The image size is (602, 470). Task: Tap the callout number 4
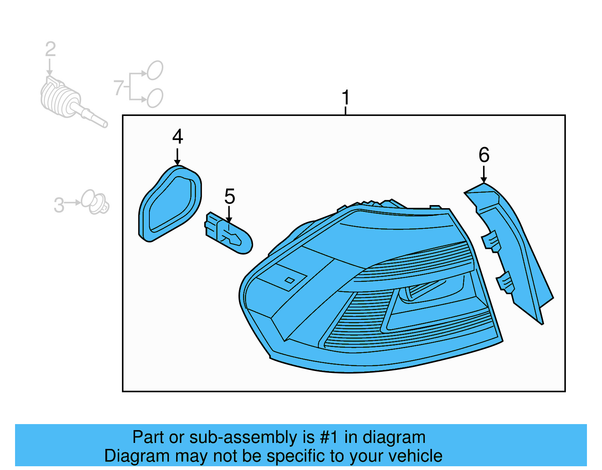(178, 137)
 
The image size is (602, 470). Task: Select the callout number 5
(230, 196)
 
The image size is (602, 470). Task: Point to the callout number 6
(484, 155)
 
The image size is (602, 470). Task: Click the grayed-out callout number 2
(50, 50)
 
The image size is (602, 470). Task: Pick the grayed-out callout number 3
(59, 205)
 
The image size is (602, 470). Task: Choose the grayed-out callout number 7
(119, 88)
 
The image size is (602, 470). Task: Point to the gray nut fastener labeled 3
(96, 202)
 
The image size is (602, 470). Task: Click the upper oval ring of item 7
(155, 70)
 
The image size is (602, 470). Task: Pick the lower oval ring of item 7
(155, 98)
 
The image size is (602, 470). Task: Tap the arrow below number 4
(177, 156)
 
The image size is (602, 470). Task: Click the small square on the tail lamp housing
(290, 280)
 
